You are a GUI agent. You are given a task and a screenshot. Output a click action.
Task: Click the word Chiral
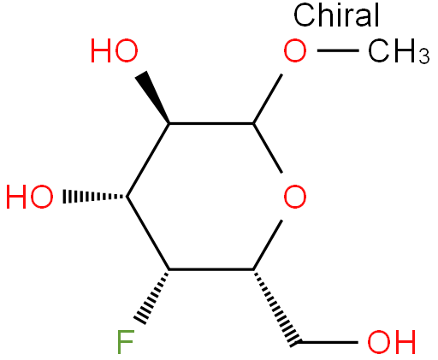[336, 15]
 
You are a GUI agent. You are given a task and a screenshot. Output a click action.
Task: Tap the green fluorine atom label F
[126, 341]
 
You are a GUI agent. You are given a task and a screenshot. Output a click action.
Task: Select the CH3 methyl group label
[399, 51]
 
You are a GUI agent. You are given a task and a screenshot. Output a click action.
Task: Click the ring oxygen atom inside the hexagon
[295, 197]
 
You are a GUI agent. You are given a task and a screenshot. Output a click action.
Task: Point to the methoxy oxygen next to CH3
[295, 50]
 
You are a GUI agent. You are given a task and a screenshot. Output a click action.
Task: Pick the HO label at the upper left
[114, 50]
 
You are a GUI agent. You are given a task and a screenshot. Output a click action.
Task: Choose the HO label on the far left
[29, 197]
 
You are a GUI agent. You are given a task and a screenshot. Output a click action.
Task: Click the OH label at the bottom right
[391, 342]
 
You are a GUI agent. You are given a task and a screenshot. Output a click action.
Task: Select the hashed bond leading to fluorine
[152, 298]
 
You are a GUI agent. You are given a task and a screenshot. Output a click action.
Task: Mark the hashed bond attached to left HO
[95, 197]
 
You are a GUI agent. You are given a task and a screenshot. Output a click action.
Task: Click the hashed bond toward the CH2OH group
[276, 307]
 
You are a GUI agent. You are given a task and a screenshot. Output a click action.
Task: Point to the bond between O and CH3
[338, 50]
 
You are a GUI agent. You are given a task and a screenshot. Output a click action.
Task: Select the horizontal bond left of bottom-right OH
[328, 342]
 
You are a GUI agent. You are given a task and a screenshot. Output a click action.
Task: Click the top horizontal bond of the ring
[211, 123]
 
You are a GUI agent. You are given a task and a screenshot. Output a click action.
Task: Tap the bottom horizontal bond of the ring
[211, 269]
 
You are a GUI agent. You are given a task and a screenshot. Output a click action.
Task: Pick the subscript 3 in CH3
[423, 56]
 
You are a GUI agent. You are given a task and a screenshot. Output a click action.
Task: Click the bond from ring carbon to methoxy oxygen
[268, 98]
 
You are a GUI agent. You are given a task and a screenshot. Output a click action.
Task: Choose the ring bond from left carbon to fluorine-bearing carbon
[148, 233]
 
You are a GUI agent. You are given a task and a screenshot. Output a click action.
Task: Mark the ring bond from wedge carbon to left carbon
[148, 160]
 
